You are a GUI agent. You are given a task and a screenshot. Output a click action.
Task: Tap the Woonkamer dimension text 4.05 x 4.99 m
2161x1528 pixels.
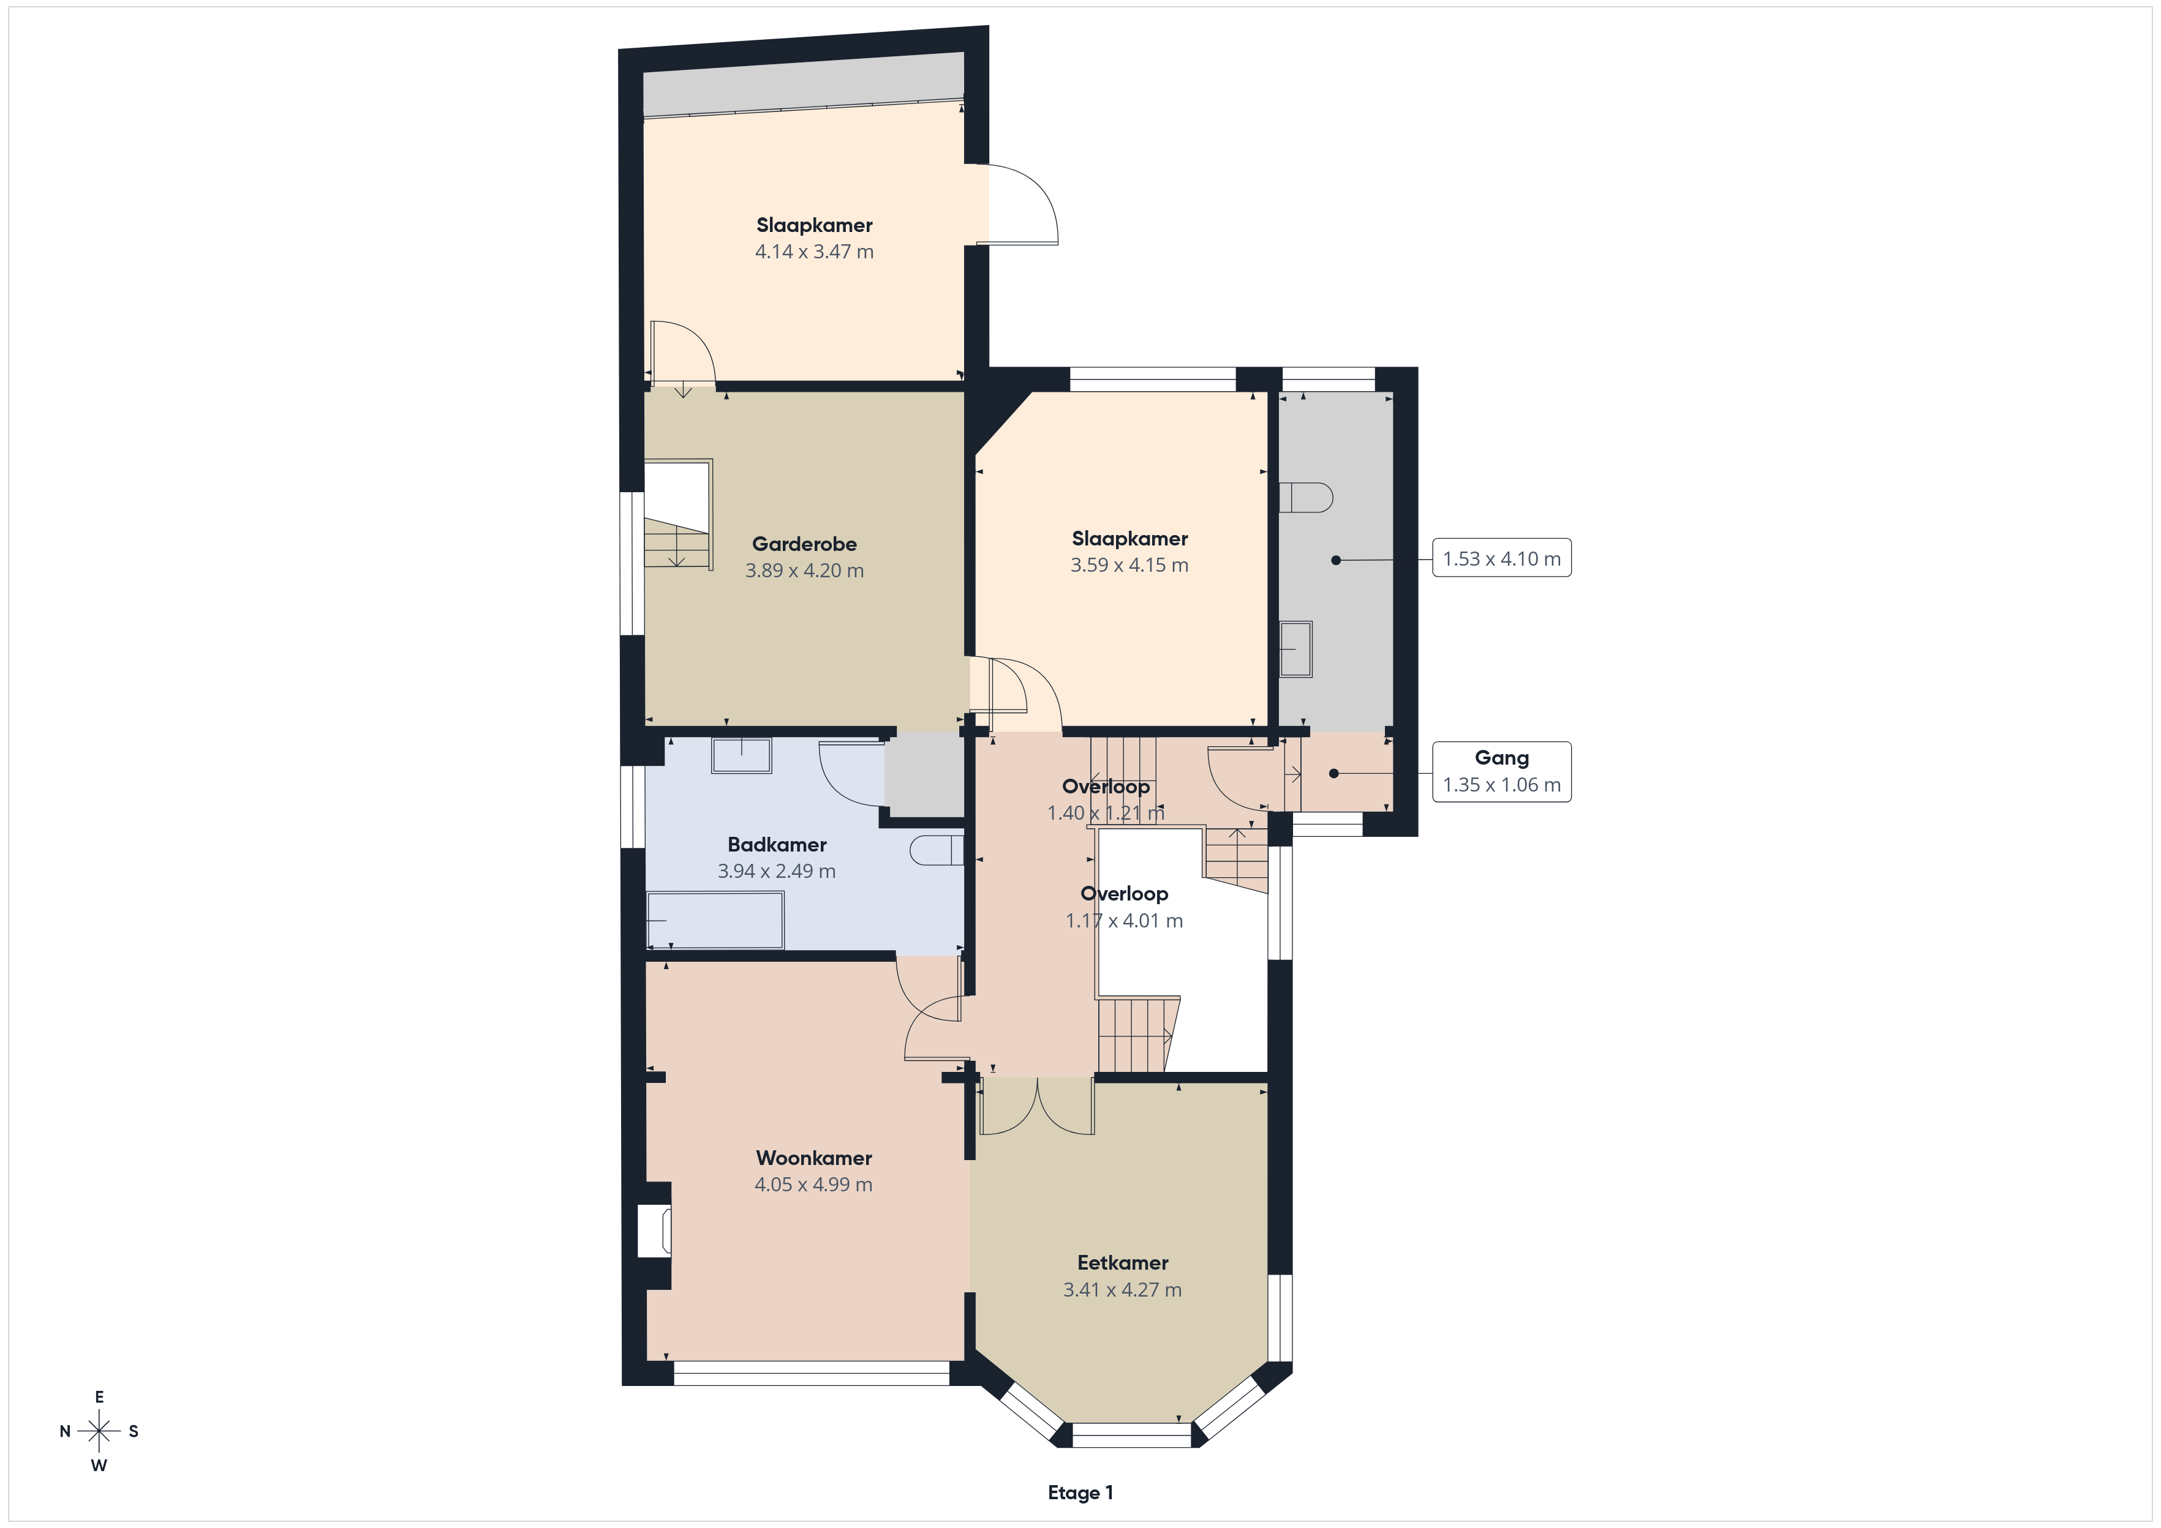813,1185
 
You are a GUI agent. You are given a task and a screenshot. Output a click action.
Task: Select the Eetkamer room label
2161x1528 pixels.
1123,1263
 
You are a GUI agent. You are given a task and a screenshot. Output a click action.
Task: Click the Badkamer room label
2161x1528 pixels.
777,845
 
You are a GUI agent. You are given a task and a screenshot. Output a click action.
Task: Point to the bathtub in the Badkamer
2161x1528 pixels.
715,920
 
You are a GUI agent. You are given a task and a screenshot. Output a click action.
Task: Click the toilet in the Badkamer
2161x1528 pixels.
937,850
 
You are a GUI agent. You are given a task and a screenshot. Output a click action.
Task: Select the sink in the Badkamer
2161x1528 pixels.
742,755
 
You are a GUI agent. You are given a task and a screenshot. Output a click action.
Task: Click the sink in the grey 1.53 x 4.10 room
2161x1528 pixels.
1296,648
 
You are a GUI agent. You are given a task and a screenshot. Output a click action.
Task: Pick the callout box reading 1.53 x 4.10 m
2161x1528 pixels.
1501,558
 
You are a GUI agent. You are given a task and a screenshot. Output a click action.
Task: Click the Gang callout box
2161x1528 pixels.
1501,771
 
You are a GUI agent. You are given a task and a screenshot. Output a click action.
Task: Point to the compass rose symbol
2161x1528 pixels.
99,1431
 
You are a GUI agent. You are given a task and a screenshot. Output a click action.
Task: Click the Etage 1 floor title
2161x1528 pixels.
1080,1492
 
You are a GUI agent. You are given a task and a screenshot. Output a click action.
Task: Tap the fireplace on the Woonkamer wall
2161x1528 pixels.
655,1230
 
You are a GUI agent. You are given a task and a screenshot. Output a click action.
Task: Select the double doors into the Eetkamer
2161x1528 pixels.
1036,1106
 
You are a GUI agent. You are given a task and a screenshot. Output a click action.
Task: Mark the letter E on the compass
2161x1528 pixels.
99,1397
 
